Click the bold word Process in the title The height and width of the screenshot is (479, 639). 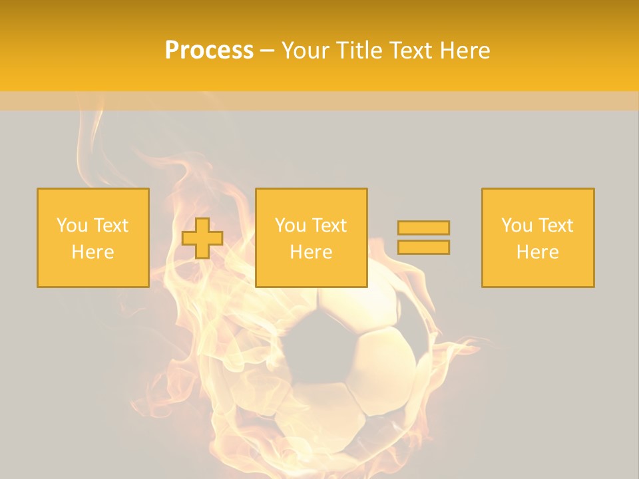209,51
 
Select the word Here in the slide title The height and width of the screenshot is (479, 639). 465,51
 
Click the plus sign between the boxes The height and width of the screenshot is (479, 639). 202,238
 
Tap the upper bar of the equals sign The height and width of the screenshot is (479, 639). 423,228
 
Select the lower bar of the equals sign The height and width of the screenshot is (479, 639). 423,247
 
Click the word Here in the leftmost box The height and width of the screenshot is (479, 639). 93,252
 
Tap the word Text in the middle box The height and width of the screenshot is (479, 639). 329,226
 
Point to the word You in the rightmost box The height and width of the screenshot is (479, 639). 517,226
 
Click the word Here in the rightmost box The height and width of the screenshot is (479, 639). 537,252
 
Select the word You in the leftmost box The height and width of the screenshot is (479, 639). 72,226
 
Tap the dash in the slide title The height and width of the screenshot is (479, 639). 267,51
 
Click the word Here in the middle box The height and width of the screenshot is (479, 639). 311,252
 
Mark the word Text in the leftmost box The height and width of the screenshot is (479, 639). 110,226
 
